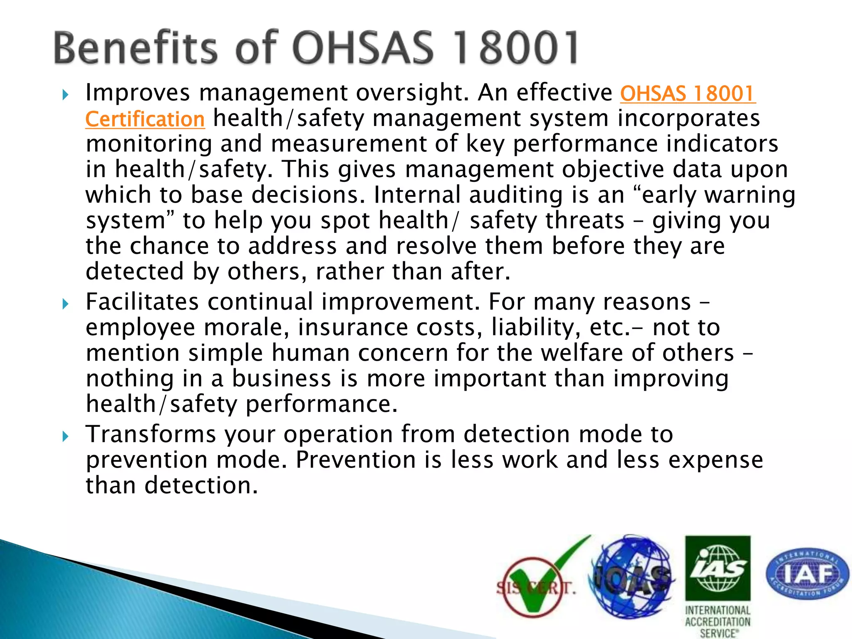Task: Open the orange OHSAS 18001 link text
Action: coord(687,94)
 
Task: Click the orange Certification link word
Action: coord(145,119)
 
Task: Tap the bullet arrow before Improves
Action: coord(65,95)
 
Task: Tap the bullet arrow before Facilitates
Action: coord(65,304)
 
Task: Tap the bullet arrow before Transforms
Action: coord(65,436)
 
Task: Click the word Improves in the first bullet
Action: coord(138,93)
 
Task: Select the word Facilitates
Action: coord(142,302)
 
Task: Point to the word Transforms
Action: coord(151,434)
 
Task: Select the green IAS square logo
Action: coord(718,568)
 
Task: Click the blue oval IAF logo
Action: coord(807,573)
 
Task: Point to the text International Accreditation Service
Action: coord(718,622)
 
